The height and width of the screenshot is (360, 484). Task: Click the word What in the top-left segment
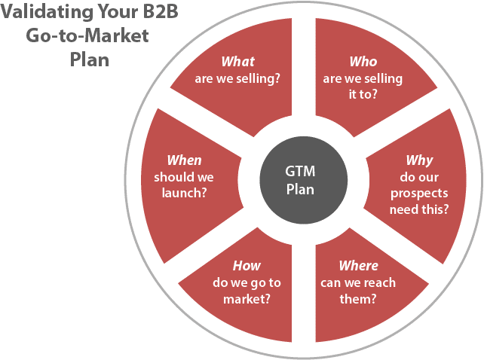coord(237,62)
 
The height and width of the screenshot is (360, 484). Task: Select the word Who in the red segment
coord(363,62)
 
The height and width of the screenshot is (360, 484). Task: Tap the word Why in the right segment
coord(419,160)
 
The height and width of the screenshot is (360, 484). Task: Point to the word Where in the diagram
coord(358,266)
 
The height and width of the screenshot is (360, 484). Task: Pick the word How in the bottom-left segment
coord(247,266)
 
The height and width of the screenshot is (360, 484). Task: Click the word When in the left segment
coord(184,160)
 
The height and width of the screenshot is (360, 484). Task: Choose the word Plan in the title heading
coord(90,59)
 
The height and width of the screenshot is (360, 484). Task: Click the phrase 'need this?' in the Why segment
coord(419,209)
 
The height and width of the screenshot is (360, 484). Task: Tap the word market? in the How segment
coord(247,299)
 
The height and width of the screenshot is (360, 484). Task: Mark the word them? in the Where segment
coord(358,299)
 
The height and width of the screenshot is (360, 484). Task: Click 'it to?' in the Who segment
coord(363,95)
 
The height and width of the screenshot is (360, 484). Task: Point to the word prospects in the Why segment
coord(419,194)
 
